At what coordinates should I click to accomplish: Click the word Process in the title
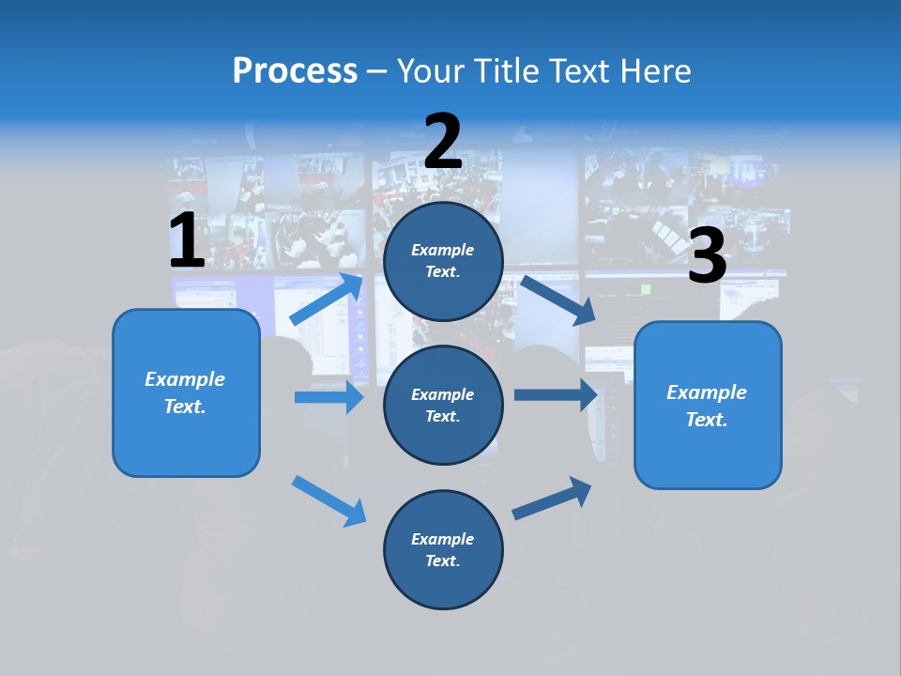click(x=295, y=71)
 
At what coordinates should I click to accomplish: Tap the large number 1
click(x=187, y=241)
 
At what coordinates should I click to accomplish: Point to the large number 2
click(x=443, y=142)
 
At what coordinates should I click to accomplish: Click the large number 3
click(x=707, y=256)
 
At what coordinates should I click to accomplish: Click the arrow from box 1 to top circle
click(x=327, y=300)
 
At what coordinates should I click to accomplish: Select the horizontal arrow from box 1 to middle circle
click(x=328, y=397)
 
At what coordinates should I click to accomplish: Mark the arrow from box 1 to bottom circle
click(x=328, y=500)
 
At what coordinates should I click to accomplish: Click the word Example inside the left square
click(x=185, y=379)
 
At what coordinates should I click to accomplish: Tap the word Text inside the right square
click(x=706, y=420)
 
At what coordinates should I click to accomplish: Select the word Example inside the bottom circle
click(x=442, y=539)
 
